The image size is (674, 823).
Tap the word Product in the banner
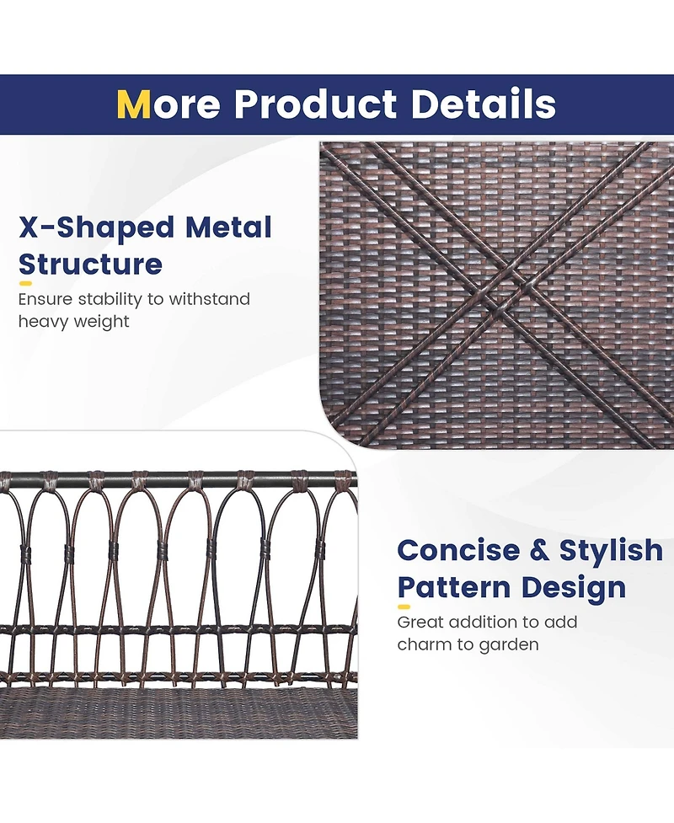click(x=314, y=104)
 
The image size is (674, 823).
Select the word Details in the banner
click(x=484, y=104)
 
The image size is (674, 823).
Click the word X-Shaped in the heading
click(x=96, y=227)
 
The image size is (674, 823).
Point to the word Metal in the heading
click(x=229, y=227)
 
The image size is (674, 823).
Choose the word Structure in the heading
click(x=90, y=265)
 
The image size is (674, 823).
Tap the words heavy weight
click(x=74, y=321)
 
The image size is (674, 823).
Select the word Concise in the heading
click(x=458, y=551)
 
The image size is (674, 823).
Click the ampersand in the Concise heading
click(x=540, y=551)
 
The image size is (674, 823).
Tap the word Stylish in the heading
click(x=612, y=551)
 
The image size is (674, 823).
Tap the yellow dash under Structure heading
click(x=25, y=284)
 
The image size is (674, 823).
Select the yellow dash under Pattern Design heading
click(x=404, y=607)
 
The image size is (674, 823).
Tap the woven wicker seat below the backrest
click(x=168, y=712)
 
